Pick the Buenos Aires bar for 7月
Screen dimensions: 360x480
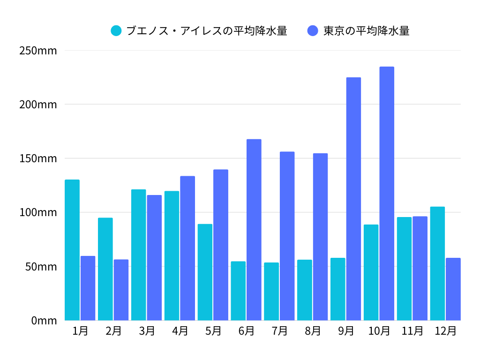271,291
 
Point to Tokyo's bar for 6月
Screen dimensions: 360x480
254,230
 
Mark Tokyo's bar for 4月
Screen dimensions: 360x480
187,248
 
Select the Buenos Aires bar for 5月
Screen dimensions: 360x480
205,272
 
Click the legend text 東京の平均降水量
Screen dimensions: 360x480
367,31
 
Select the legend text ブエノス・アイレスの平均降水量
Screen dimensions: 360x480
207,31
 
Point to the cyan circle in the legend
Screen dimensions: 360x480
116,31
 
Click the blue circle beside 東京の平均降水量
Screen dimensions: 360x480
313,31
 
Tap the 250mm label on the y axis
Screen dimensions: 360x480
38,50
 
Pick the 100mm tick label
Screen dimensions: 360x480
38,212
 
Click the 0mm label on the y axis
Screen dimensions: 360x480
44,321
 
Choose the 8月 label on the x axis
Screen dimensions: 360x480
313,331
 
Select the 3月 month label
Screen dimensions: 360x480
147,331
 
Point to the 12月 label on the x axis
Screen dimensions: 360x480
445,331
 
